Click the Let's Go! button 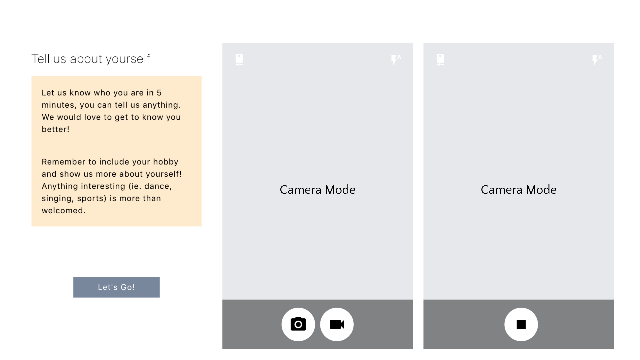[116, 287]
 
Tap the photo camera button [298, 324]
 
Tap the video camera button [337, 324]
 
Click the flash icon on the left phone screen [396, 59]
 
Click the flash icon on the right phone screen [597, 59]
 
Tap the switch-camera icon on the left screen [239, 59]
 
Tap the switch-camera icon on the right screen [440, 59]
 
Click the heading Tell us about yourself [91, 59]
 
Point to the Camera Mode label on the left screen [318, 190]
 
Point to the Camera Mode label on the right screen [519, 190]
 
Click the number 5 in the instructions [159, 93]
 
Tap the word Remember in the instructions [64, 162]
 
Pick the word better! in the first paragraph [55, 129]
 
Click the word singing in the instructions [57, 199]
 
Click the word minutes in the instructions [58, 105]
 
